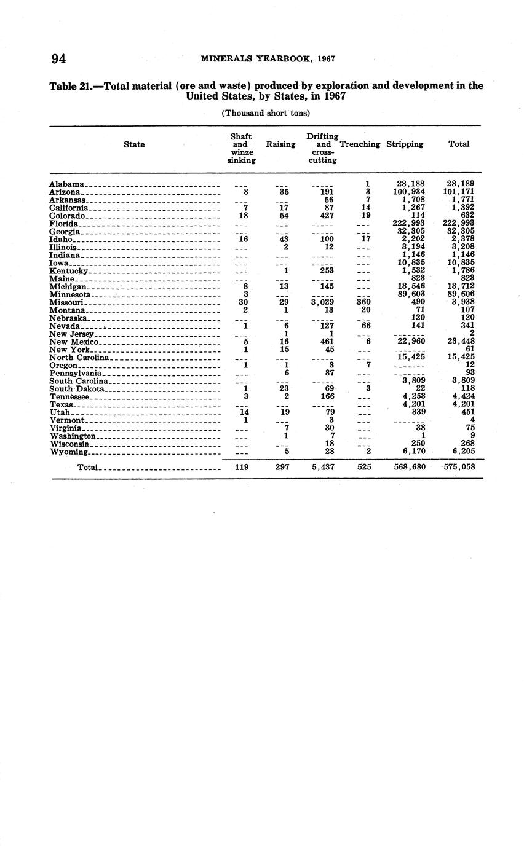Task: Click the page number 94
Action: click(58, 59)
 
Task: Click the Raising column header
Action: click(280, 144)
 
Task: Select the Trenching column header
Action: click(360, 144)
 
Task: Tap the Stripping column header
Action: click(405, 144)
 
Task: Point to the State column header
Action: click(134, 144)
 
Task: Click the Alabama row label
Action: click(66, 184)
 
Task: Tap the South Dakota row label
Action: click(77, 388)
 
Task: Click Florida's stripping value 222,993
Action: click(408, 223)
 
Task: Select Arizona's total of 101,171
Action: click(458, 192)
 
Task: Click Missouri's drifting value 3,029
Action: click(322, 302)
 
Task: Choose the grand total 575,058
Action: click(458, 467)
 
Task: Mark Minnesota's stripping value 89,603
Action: click(408, 294)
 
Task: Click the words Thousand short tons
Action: click(266, 113)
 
